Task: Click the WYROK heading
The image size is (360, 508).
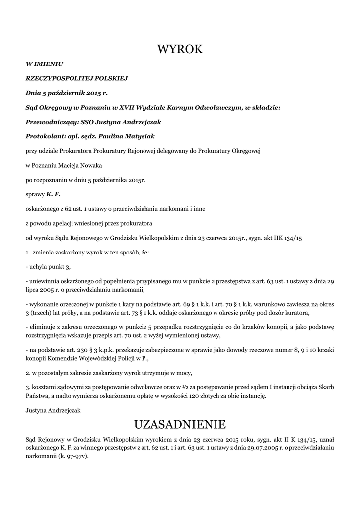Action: click(180, 49)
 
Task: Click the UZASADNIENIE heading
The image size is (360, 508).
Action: click(180, 424)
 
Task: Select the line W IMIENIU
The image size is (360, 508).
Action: click(44, 64)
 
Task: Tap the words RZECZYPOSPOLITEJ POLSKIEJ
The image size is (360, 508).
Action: click(77, 78)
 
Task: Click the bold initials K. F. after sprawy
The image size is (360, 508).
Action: click(53, 194)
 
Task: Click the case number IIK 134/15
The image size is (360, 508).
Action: click(285, 238)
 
